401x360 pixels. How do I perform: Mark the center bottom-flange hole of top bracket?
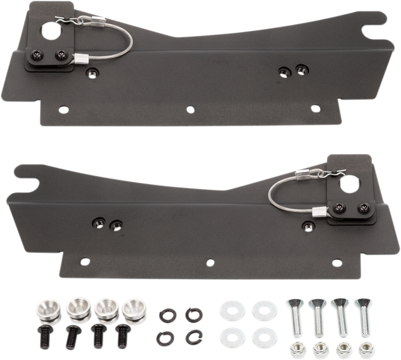[188, 107]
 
